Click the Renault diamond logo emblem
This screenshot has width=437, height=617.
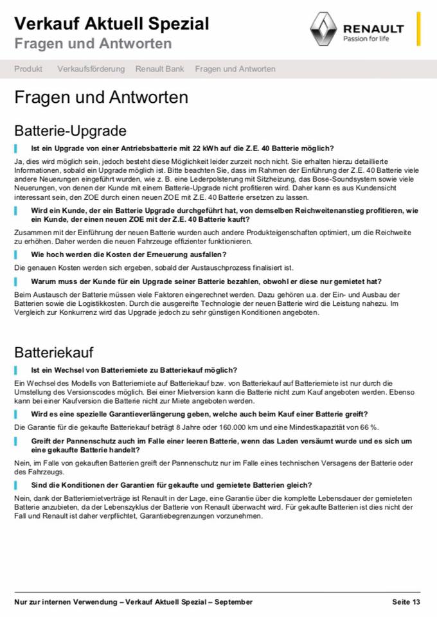point(323,29)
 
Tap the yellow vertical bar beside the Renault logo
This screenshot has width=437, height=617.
point(418,29)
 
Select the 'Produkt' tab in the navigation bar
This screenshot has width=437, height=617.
point(28,69)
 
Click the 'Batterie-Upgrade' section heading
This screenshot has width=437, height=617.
point(70,131)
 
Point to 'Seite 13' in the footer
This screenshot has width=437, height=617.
point(406,602)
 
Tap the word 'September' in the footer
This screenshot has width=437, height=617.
point(235,602)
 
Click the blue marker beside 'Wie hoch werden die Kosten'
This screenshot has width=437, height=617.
point(16,255)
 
